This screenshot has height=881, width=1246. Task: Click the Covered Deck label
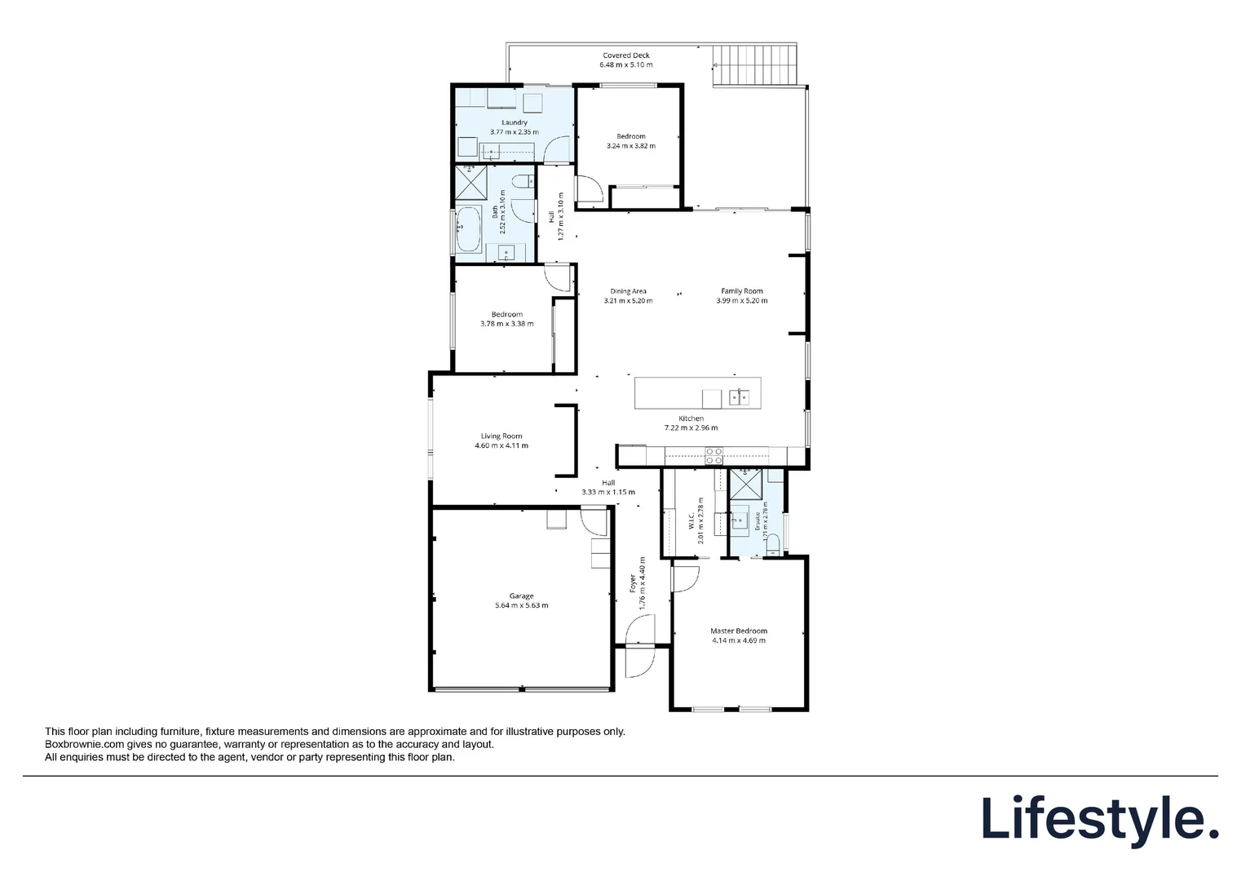625,55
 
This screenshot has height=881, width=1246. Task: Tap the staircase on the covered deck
754,65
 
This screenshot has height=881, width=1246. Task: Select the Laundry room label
514,122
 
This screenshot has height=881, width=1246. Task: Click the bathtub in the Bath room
468,229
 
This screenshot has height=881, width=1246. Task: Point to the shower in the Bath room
469,182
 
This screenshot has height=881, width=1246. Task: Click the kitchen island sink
739,397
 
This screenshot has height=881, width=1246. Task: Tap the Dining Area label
628,291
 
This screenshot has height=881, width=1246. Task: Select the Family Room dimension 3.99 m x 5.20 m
741,301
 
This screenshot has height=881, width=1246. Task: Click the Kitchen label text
691,418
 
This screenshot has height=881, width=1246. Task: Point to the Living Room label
501,436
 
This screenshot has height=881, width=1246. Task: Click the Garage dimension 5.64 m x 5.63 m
521,606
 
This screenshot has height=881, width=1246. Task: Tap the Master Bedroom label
738,631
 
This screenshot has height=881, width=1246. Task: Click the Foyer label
632,584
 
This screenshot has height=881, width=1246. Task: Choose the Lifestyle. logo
1099,818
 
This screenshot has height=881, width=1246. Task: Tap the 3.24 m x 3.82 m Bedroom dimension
630,146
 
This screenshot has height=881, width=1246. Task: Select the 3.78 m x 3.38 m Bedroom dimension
506,324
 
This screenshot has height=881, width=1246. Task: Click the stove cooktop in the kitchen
714,455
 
